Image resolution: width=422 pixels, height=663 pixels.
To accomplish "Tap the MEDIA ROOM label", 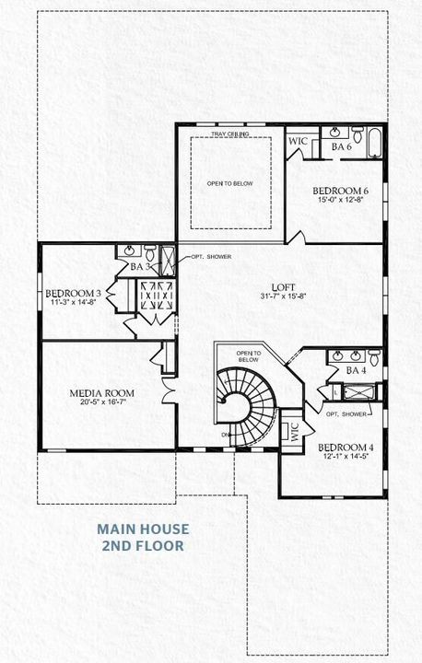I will pyautogui.click(x=96, y=392).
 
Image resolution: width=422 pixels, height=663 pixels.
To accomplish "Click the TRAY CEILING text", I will pyautogui.click(x=230, y=134).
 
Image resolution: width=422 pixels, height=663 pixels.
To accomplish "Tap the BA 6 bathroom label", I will pyautogui.click(x=342, y=146).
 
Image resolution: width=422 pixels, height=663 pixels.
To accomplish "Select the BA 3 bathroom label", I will pyautogui.click(x=140, y=266).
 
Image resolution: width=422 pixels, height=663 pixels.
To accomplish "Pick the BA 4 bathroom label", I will pyautogui.click(x=357, y=370).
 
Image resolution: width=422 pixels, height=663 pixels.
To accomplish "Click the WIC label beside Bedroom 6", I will pyautogui.click(x=298, y=142).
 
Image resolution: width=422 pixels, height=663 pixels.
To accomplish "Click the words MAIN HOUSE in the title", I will pyautogui.click(x=143, y=529).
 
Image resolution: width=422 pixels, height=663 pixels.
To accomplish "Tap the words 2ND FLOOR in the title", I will pyautogui.click(x=143, y=546).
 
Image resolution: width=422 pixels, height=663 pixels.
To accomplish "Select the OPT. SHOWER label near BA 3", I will pyautogui.click(x=211, y=257).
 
